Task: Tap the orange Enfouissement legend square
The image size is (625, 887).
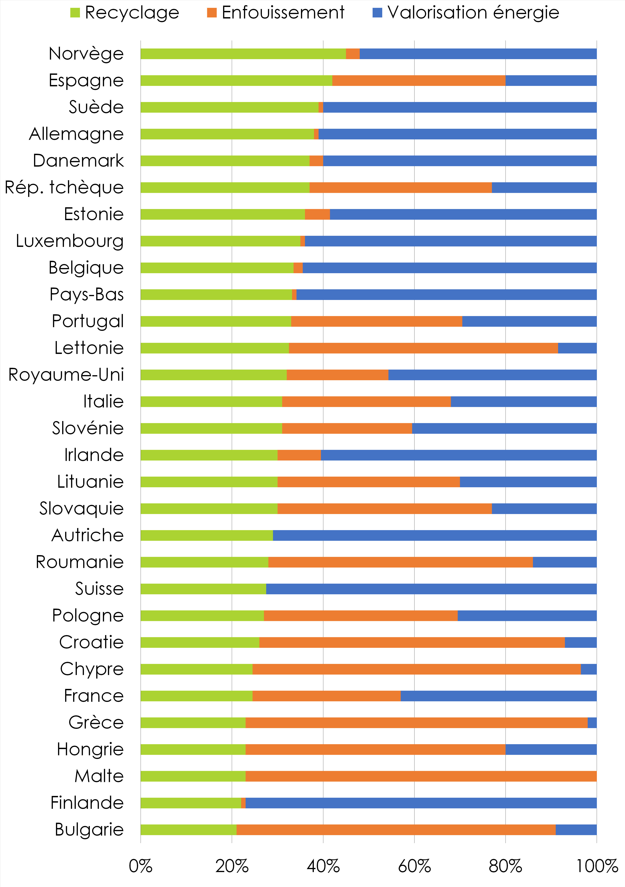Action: tap(212, 13)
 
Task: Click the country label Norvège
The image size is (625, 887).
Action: tap(86, 54)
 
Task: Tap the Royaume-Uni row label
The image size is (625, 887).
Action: tap(66, 375)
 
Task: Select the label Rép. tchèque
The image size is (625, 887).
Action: tap(64, 187)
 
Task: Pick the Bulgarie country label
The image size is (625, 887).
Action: tap(89, 829)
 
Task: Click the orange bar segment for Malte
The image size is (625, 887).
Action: tap(421, 776)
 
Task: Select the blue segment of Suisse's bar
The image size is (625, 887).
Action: tap(431, 589)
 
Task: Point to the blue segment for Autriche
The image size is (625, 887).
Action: tap(435, 535)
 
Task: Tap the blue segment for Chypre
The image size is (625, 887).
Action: tap(589, 669)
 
